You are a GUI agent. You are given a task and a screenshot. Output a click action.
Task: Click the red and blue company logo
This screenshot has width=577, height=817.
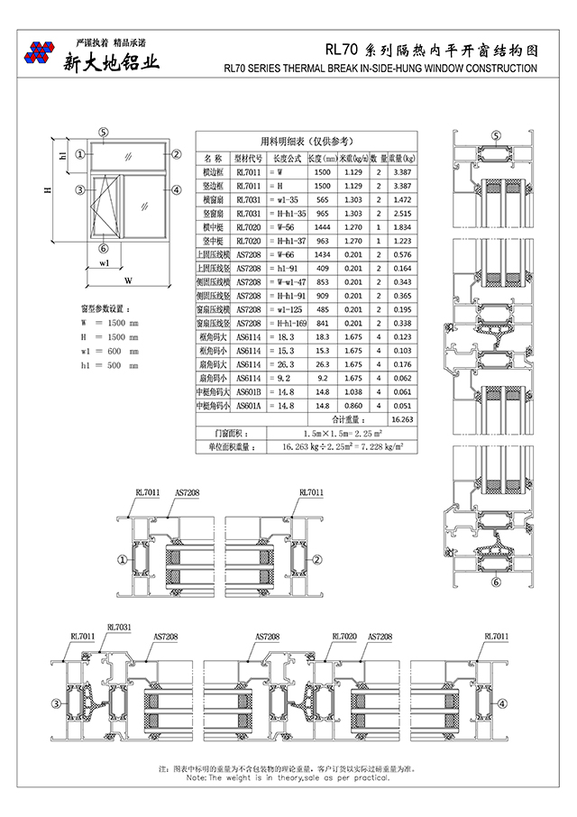[x=39, y=53]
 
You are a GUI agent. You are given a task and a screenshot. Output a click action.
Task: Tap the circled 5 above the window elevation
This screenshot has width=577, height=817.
[x=104, y=133]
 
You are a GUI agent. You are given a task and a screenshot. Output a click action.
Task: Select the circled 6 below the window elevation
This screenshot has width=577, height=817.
[x=104, y=249]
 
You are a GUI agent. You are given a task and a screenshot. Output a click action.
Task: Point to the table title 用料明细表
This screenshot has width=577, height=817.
[x=307, y=141]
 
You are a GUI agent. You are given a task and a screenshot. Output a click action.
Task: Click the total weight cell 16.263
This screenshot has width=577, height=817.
[x=402, y=419]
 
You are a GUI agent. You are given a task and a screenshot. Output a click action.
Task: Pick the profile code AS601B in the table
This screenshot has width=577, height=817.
[x=248, y=392]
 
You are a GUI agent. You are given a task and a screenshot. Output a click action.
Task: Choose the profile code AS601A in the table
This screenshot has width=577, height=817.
[x=248, y=406]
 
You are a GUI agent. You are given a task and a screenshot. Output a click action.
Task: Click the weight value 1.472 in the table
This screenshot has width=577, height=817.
[x=402, y=199]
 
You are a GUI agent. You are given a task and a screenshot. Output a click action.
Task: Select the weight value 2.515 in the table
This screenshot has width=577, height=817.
[x=402, y=213]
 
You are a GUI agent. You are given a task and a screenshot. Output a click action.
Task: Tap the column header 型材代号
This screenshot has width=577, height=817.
[x=248, y=156]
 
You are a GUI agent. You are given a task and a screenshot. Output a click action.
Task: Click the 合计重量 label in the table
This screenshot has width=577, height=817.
[x=346, y=419]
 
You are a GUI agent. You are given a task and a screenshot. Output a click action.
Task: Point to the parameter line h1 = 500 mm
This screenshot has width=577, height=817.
[x=109, y=365]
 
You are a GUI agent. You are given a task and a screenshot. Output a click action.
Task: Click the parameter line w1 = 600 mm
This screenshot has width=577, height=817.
[x=109, y=351]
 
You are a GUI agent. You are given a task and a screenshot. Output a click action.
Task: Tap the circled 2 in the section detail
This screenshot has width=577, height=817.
[x=317, y=560]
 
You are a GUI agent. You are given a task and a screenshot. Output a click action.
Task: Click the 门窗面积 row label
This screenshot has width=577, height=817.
[x=219, y=434]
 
